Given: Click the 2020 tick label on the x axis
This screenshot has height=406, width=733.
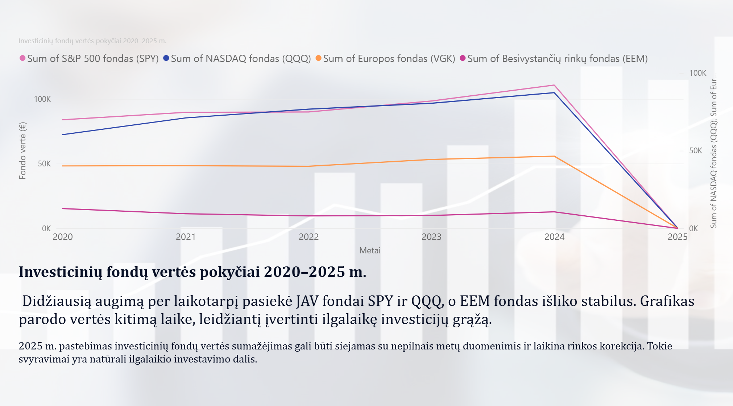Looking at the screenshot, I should [x=63, y=237].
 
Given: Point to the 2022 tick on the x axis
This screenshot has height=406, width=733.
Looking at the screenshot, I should [x=308, y=237].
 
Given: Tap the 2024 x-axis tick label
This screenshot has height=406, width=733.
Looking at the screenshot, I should [x=554, y=237].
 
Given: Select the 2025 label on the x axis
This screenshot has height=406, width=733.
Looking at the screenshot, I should [x=677, y=237].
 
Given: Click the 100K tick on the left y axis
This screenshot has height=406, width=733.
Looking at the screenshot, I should [x=42, y=99].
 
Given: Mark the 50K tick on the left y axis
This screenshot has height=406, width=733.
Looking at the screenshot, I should [x=44, y=164].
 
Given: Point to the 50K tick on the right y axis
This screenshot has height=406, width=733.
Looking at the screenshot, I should [x=695, y=151].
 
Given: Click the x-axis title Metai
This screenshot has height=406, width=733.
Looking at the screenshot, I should [x=370, y=250].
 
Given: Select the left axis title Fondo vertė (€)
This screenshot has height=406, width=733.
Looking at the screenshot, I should [x=23, y=150].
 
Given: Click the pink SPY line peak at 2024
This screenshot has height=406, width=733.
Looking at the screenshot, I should [x=554, y=85].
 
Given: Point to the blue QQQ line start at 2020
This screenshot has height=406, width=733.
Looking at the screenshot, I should [x=63, y=135].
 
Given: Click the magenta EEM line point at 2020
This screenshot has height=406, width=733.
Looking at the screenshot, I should [x=63, y=208].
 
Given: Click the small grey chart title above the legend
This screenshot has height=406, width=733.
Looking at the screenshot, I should [x=92, y=41].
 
